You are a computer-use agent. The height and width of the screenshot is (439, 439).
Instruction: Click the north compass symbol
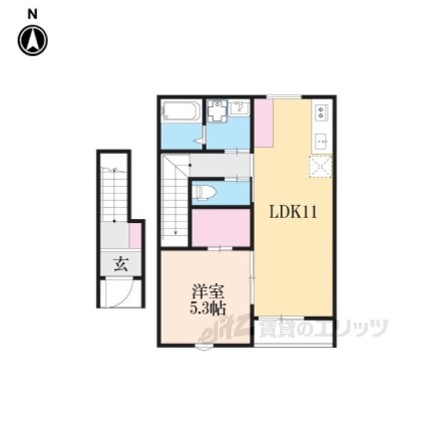pos(33,40)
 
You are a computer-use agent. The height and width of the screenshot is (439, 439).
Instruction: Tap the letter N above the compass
pos(32,14)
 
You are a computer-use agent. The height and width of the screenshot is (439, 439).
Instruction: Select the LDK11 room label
pos(293,212)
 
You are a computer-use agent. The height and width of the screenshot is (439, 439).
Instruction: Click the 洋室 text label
pos(208,292)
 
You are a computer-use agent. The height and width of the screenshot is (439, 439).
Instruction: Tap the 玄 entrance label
pos(121,264)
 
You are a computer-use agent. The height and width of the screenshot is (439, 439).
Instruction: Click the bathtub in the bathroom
pos(181,111)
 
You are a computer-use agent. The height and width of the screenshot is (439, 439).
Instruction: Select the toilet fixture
pos(206,192)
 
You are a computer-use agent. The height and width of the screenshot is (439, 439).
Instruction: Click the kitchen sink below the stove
pos(322,142)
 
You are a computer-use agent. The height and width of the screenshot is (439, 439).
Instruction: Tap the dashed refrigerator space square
pos(320,167)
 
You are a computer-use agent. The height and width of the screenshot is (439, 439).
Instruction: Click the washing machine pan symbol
pos(217,110)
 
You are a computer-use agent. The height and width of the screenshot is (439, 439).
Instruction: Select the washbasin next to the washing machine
pos(239,108)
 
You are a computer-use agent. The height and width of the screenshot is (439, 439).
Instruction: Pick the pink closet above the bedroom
pos(221,228)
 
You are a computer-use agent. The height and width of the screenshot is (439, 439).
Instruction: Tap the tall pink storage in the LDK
pos(263,123)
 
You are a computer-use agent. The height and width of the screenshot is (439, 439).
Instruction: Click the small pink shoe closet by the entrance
pos(134,235)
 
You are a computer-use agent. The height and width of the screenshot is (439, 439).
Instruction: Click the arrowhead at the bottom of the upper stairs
pos(176,232)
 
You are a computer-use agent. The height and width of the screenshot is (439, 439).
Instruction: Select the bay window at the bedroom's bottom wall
pos(204,348)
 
